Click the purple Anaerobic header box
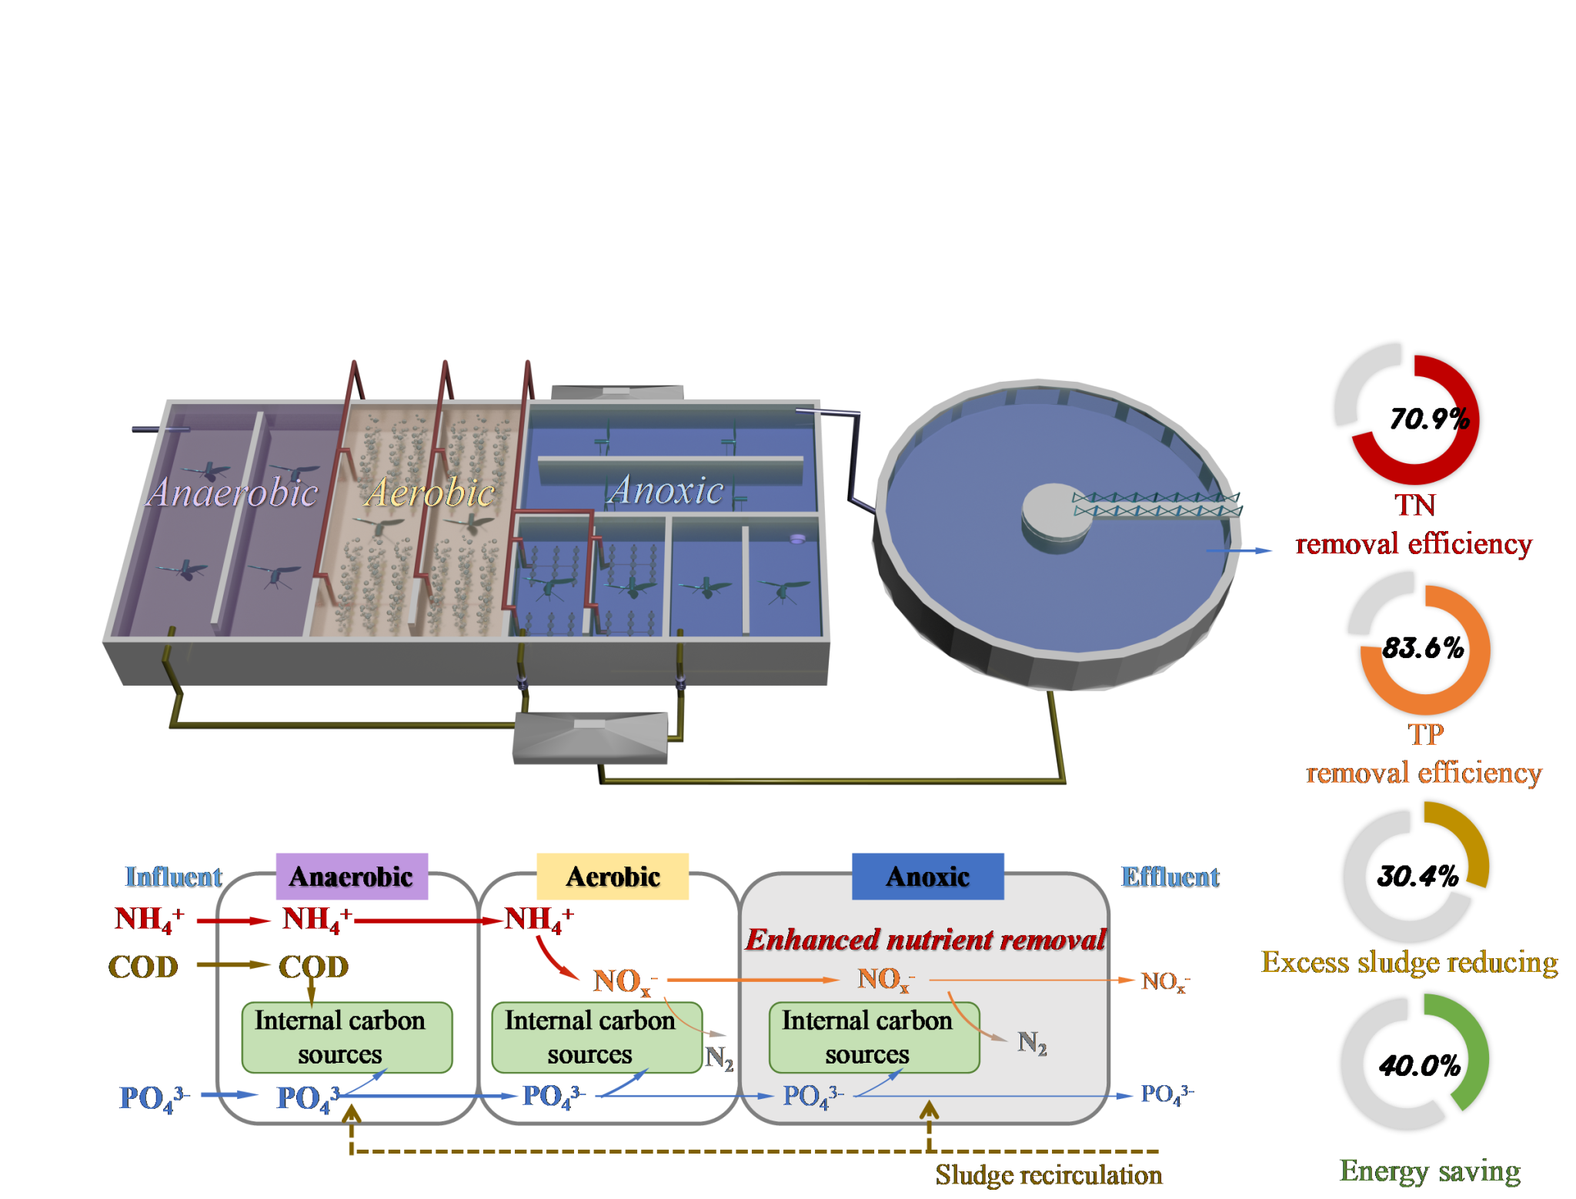[352, 877]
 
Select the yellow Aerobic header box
[613, 877]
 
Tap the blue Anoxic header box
[927, 877]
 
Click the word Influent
[173, 877]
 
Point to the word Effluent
[1170, 877]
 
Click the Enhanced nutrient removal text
[925, 940]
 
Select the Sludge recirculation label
[1048, 1175]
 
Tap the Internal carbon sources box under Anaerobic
[346, 1037]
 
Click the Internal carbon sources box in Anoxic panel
[874, 1037]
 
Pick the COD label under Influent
[144, 967]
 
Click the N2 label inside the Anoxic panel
[1032, 1043]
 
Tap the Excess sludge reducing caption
[1409, 963]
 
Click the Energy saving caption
[1430, 1171]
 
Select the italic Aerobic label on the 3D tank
[429, 493]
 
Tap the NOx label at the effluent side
[1164, 982]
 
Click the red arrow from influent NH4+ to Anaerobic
[233, 920]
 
